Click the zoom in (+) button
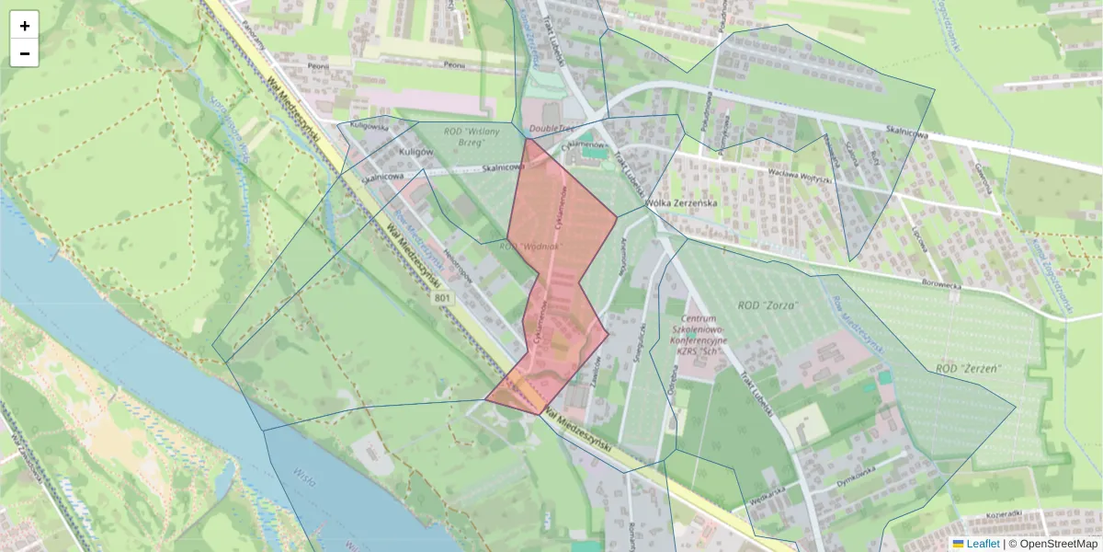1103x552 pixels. point(25,26)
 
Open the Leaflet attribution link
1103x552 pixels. point(982,544)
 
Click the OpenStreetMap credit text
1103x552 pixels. point(1058,544)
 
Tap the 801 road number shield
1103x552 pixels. point(444,298)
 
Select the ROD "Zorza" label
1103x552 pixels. point(768,305)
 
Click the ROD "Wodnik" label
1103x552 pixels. point(529,247)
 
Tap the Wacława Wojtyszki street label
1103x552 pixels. point(789,178)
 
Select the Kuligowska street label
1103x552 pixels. point(369,127)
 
